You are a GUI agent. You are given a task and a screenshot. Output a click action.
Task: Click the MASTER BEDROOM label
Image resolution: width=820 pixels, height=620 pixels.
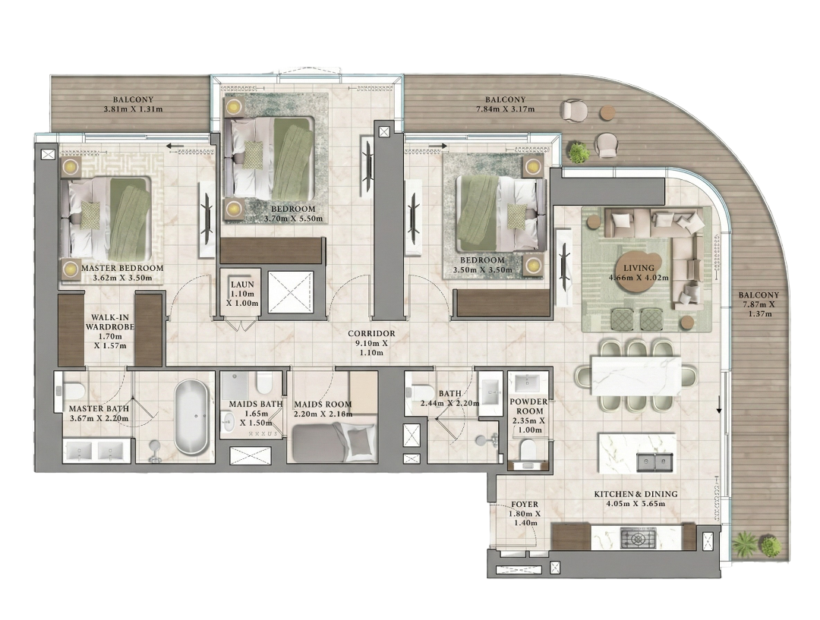point(121,269)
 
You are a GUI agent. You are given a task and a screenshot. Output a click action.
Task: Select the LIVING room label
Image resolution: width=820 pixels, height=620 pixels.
point(634,269)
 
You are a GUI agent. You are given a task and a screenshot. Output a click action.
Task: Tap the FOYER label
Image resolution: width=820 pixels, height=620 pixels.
point(525,503)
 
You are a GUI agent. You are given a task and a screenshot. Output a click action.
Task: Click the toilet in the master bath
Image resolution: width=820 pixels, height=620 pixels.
point(72,392)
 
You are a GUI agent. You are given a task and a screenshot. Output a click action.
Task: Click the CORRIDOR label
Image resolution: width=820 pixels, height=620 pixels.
point(371,333)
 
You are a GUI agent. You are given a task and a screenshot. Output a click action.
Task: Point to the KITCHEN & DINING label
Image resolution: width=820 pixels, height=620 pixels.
point(635,494)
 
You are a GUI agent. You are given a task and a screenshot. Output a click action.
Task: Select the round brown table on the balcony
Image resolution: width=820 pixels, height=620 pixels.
point(608,112)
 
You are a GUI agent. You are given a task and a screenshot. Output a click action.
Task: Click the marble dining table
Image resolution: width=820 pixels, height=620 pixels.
point(637,375)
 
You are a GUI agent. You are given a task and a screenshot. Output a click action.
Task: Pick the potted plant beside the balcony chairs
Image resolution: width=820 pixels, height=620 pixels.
point(579,153)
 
